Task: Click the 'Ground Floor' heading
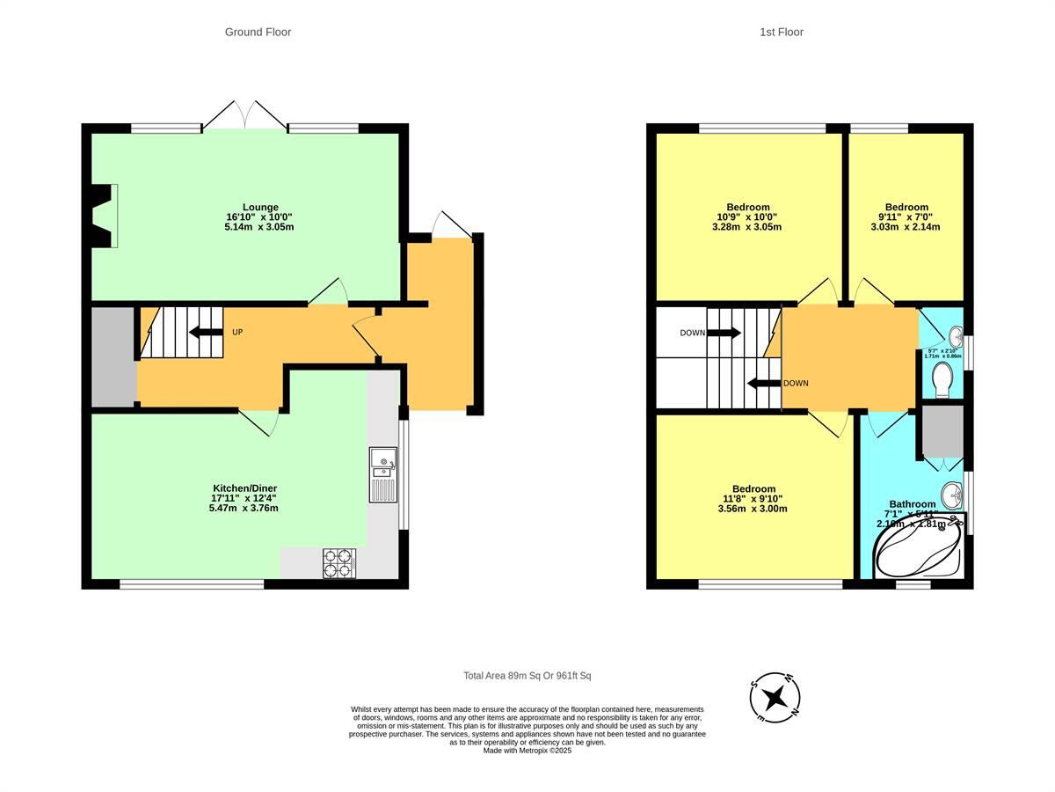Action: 258,32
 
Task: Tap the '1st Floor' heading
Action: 781,32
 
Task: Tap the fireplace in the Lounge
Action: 105,216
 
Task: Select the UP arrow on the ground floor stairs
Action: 205,332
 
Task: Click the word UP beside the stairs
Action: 237,333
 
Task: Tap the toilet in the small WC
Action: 942,380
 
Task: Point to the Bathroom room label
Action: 912,504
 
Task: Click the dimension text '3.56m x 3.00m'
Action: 753,509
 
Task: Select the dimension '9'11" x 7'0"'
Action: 906,216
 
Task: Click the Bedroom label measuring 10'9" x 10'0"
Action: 747,208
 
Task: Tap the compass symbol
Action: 775,699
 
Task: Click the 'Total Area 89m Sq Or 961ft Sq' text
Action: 527,676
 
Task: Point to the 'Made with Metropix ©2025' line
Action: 527,751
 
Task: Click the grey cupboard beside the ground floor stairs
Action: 113,356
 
